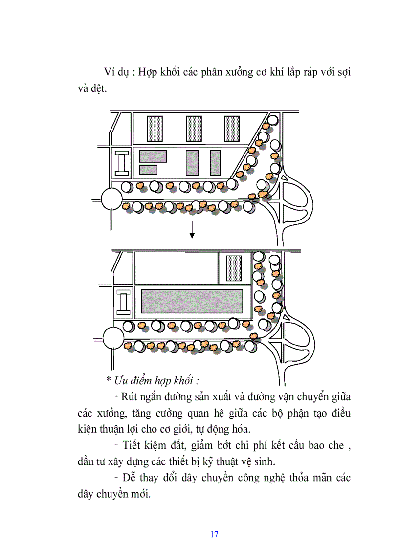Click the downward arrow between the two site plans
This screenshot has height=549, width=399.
(x=192, y=229)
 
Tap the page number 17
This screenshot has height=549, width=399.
(x=214, y=534)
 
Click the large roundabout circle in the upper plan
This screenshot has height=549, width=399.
(x=112, y=199)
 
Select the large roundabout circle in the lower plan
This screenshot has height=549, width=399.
(x=113, y=338)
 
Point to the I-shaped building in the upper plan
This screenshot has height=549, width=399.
(x=121, y=163)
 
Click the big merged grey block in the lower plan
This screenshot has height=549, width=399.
(x=192, y=302)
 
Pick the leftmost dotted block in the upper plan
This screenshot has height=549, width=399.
(x=155, y=129)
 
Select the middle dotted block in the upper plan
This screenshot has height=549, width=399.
(x=194, y=129)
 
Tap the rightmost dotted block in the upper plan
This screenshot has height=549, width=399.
(x=232, y=129)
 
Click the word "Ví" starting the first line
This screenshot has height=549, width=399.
(x=110, y=72)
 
